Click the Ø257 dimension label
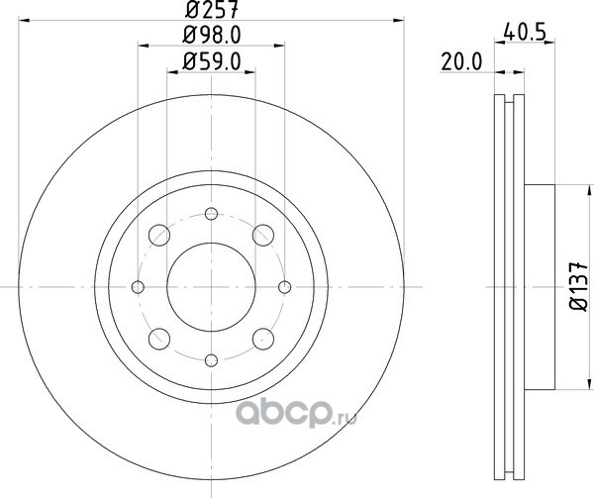pyautogui.click(x=212, y=9)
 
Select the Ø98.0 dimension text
pyautogui.click(x=212, y=35)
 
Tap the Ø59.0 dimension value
pyautogui.click(x=212, y=61)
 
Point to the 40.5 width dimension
pyautogui.click(x=525, y=33)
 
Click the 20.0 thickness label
pyautogui.click(x=461, y=62)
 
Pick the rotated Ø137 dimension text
pyautogui.click(x=579, y=286)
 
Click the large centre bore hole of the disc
pyautogui.click(x=212, y=287)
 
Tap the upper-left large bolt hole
pyautogui.click(x=159, y=235)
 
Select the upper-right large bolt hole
pyautogui.click(x=263, y=235)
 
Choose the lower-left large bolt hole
pyautogui.click(x=159, y=339)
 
